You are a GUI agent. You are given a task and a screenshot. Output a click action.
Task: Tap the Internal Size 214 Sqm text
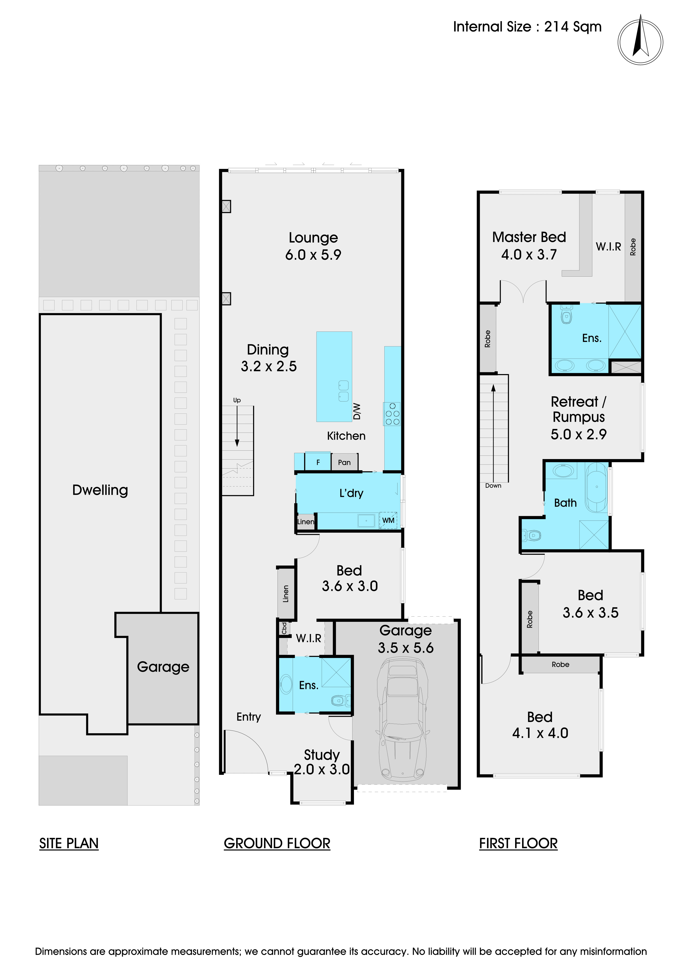point(527,27)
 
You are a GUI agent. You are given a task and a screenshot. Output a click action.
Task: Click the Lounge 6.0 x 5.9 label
point(313,246)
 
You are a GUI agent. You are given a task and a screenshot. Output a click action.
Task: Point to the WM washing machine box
point(388,520)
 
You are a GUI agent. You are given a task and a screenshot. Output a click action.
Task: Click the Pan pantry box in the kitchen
point(344,462)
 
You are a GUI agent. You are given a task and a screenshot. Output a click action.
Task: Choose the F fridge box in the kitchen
point(318,462)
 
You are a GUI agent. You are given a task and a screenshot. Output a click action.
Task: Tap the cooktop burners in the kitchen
point(392,413)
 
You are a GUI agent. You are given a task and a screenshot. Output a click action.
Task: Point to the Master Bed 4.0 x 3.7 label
point(529,246)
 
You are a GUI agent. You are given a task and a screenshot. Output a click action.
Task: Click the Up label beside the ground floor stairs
point(237,400)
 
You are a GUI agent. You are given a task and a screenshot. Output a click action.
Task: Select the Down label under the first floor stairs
point(493,486)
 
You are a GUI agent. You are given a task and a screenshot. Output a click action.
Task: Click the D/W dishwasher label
point(357,411)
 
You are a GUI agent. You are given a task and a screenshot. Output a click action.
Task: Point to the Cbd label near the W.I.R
point(284,628)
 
